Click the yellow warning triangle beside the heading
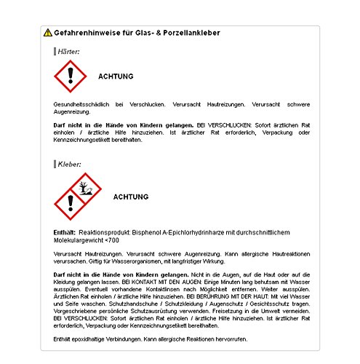[47, 33]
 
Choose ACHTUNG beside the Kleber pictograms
[131, 197]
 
